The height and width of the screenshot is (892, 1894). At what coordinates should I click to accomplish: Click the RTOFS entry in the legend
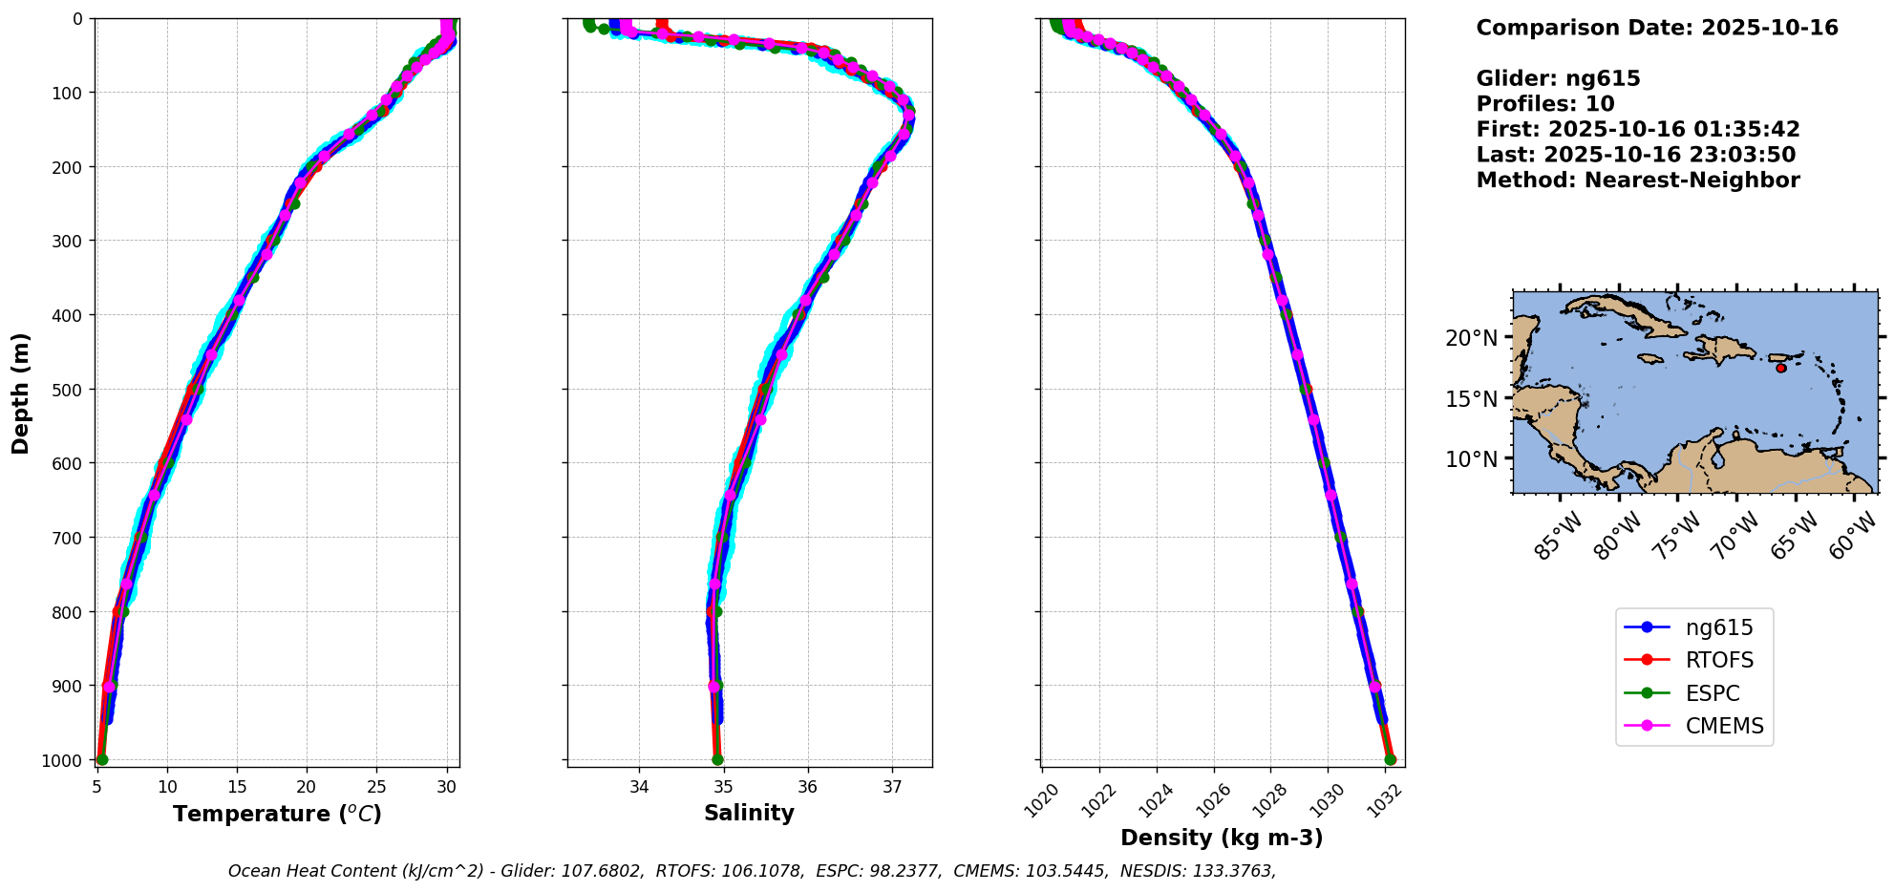[1719, 660]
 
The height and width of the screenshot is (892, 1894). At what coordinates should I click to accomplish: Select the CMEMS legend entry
[1724, 726]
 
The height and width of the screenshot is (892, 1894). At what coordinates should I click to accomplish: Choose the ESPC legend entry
[1712, 693]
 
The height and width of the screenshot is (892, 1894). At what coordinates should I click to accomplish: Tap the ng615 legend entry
[1719, 627]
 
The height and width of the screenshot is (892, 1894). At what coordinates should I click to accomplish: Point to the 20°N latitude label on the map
[1471, 338]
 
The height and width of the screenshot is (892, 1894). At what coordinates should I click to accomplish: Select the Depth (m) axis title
[21, 393]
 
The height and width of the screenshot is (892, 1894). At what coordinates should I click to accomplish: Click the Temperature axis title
[277, 814]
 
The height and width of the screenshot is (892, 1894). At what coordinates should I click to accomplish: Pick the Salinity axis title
[749, 813]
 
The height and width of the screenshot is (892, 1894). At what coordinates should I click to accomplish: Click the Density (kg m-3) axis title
[1222, 838]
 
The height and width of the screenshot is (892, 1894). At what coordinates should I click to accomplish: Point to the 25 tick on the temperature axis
[376, 787]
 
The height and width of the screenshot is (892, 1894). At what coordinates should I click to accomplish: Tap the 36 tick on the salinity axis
[808, 787]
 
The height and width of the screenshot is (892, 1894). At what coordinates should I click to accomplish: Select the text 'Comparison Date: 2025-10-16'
[1657, 28]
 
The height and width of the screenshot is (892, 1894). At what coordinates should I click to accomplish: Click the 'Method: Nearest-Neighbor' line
[1638, 181]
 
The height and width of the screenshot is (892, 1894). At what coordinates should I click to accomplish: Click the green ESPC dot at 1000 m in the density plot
[1390, 760]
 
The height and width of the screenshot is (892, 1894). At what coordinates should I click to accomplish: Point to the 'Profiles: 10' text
[1545, 104]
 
